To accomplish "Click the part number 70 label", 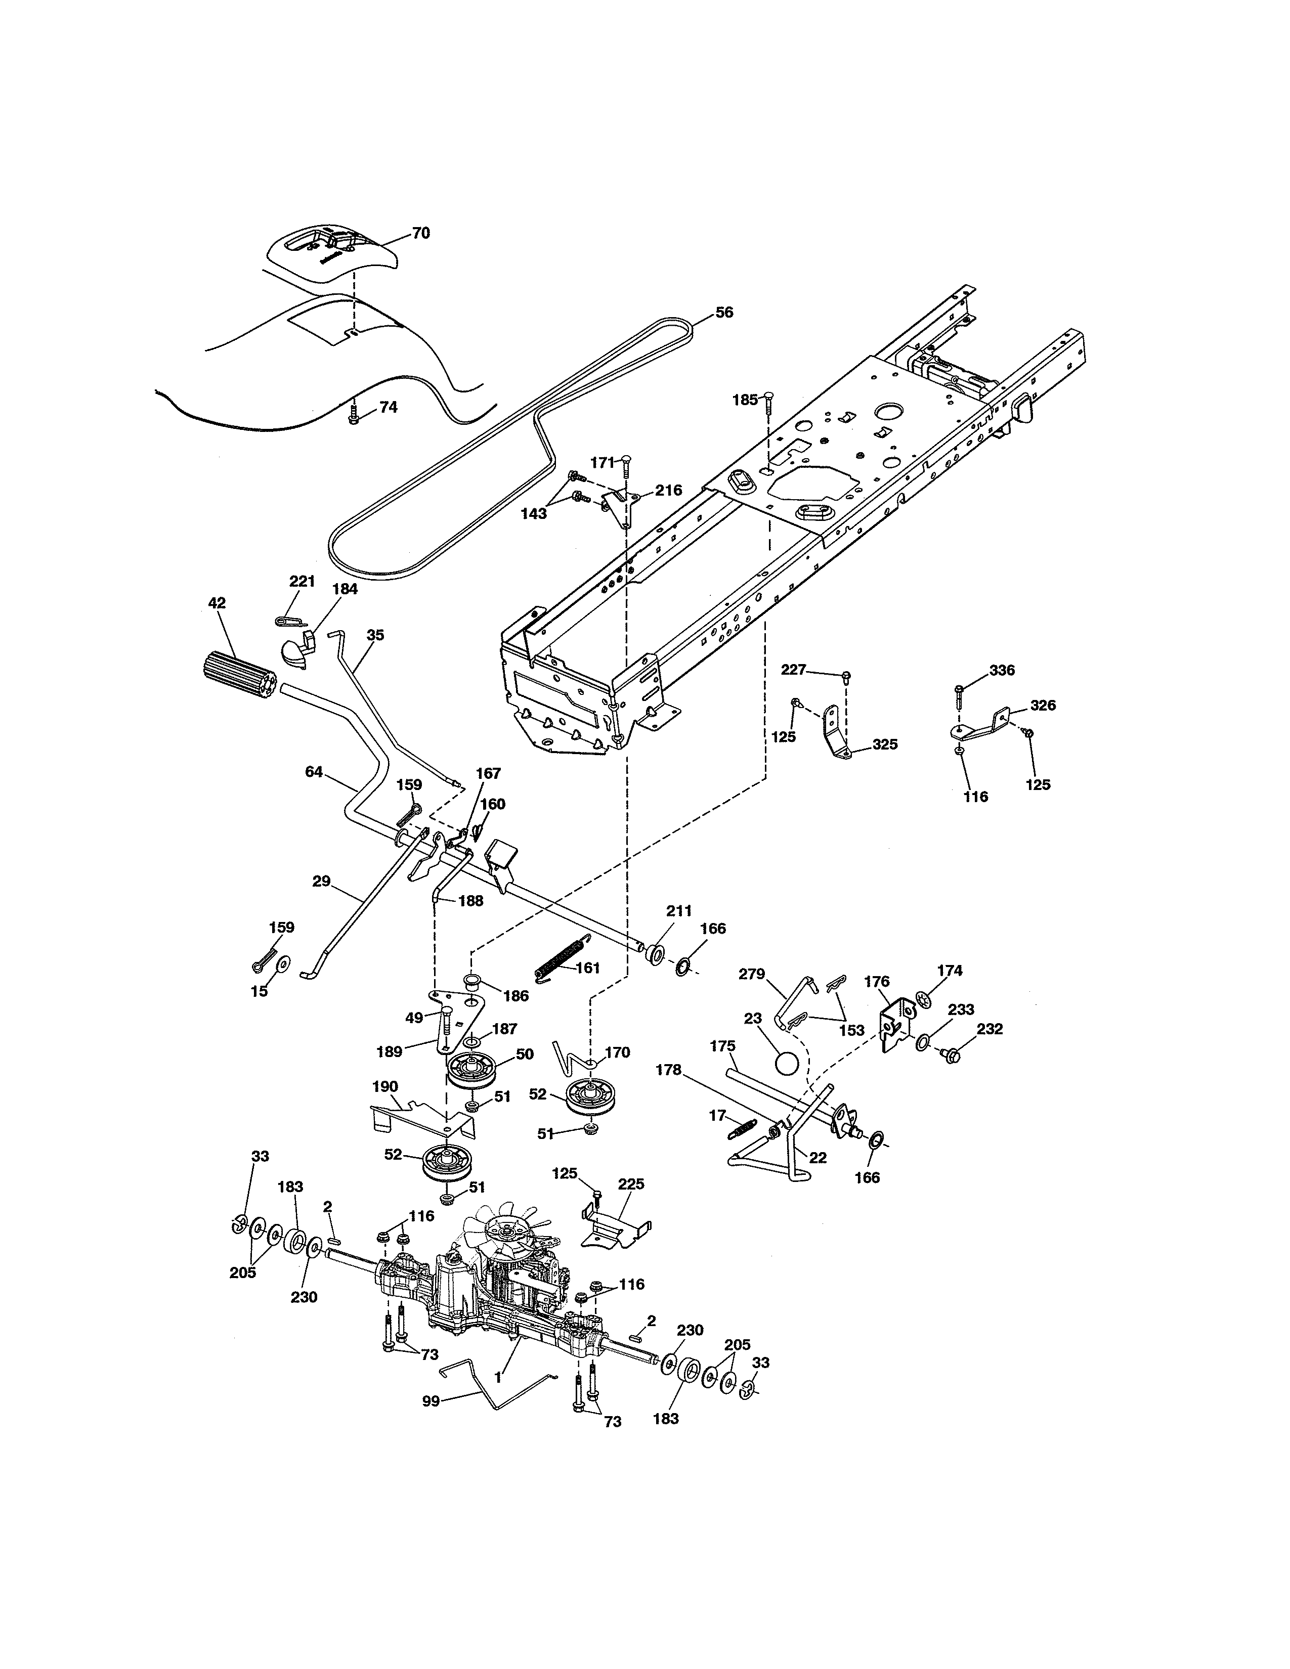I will [421, 233].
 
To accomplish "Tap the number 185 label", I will [744, 399].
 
